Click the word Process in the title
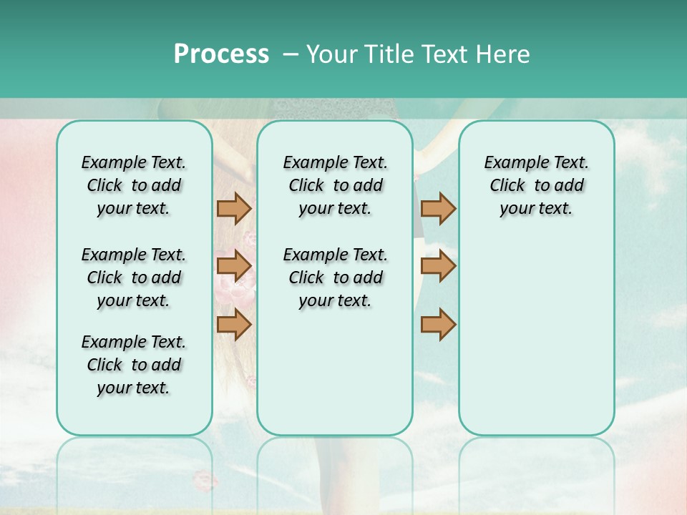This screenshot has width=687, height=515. click(221, 54)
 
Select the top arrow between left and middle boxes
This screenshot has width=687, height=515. click(234, 209)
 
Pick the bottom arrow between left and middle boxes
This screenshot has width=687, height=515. click(234, 325)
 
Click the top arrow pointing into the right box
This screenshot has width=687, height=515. click(438, 209)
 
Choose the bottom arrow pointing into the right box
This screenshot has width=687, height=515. click(438, 325)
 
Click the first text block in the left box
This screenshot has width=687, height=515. click(134, 186)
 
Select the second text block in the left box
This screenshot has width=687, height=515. click(134, 278)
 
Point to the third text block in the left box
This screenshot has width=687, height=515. click(134, 365)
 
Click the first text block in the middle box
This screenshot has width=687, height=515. click(335, 186)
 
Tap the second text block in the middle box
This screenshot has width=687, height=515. click(335, 278)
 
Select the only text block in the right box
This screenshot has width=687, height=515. click(536, 186)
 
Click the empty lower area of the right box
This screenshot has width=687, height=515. click(536, 336)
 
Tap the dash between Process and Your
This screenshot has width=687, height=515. click(291, 54)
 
